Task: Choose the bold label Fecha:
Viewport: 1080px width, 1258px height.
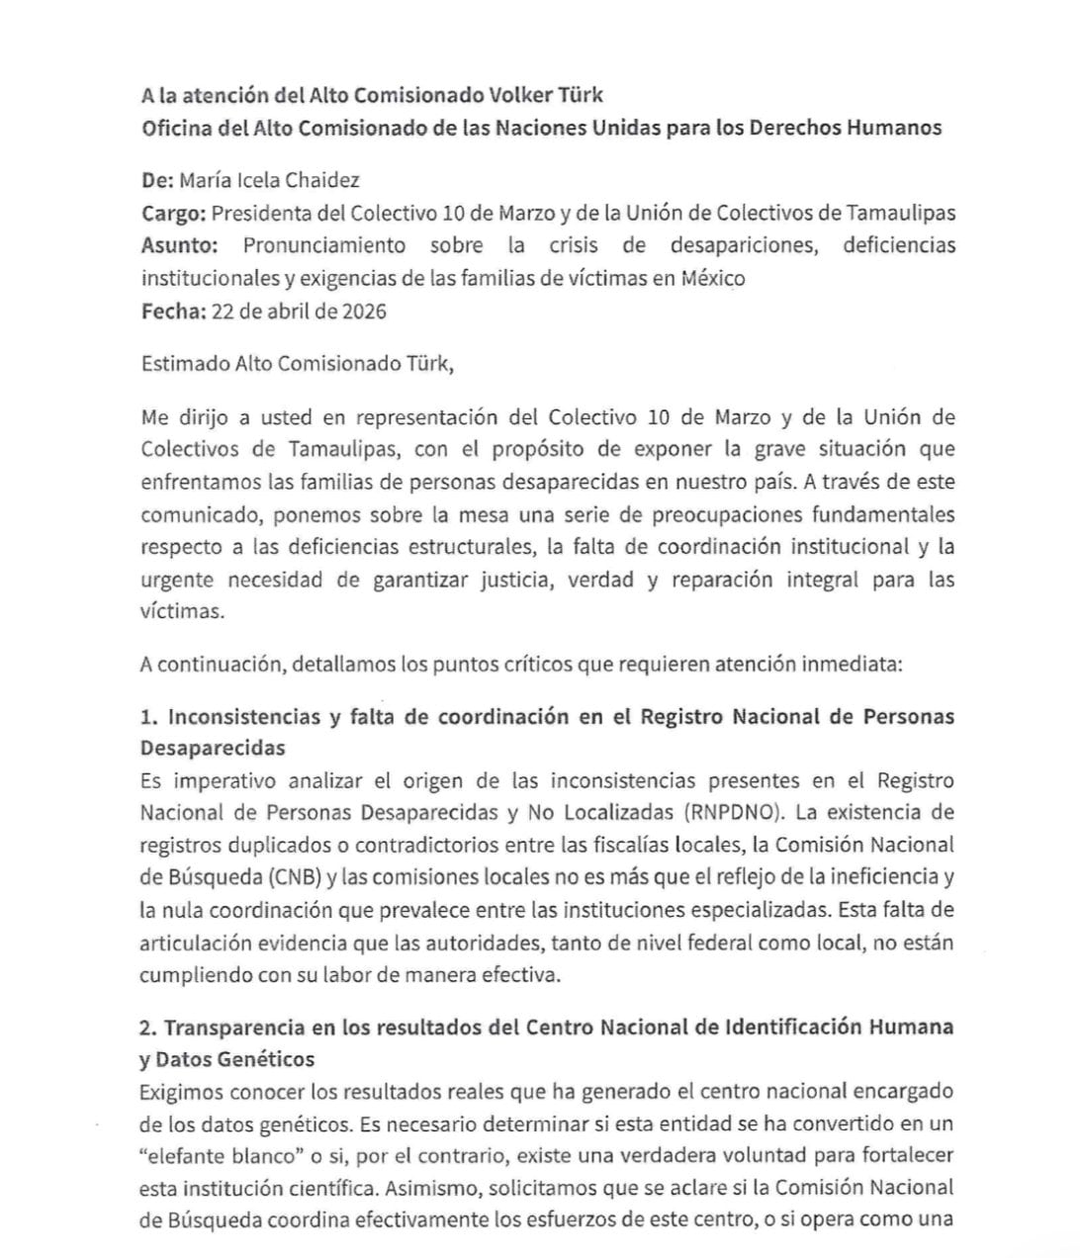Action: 174,311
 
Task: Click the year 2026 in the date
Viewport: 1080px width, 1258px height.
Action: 363,311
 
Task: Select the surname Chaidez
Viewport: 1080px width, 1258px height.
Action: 322,180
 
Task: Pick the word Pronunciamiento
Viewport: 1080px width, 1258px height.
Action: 324,245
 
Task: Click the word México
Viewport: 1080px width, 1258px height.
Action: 712,278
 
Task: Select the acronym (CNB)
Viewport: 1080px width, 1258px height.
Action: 288,878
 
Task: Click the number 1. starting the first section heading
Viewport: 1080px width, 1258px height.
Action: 149,716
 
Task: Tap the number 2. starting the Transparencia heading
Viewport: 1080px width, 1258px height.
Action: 149,1027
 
